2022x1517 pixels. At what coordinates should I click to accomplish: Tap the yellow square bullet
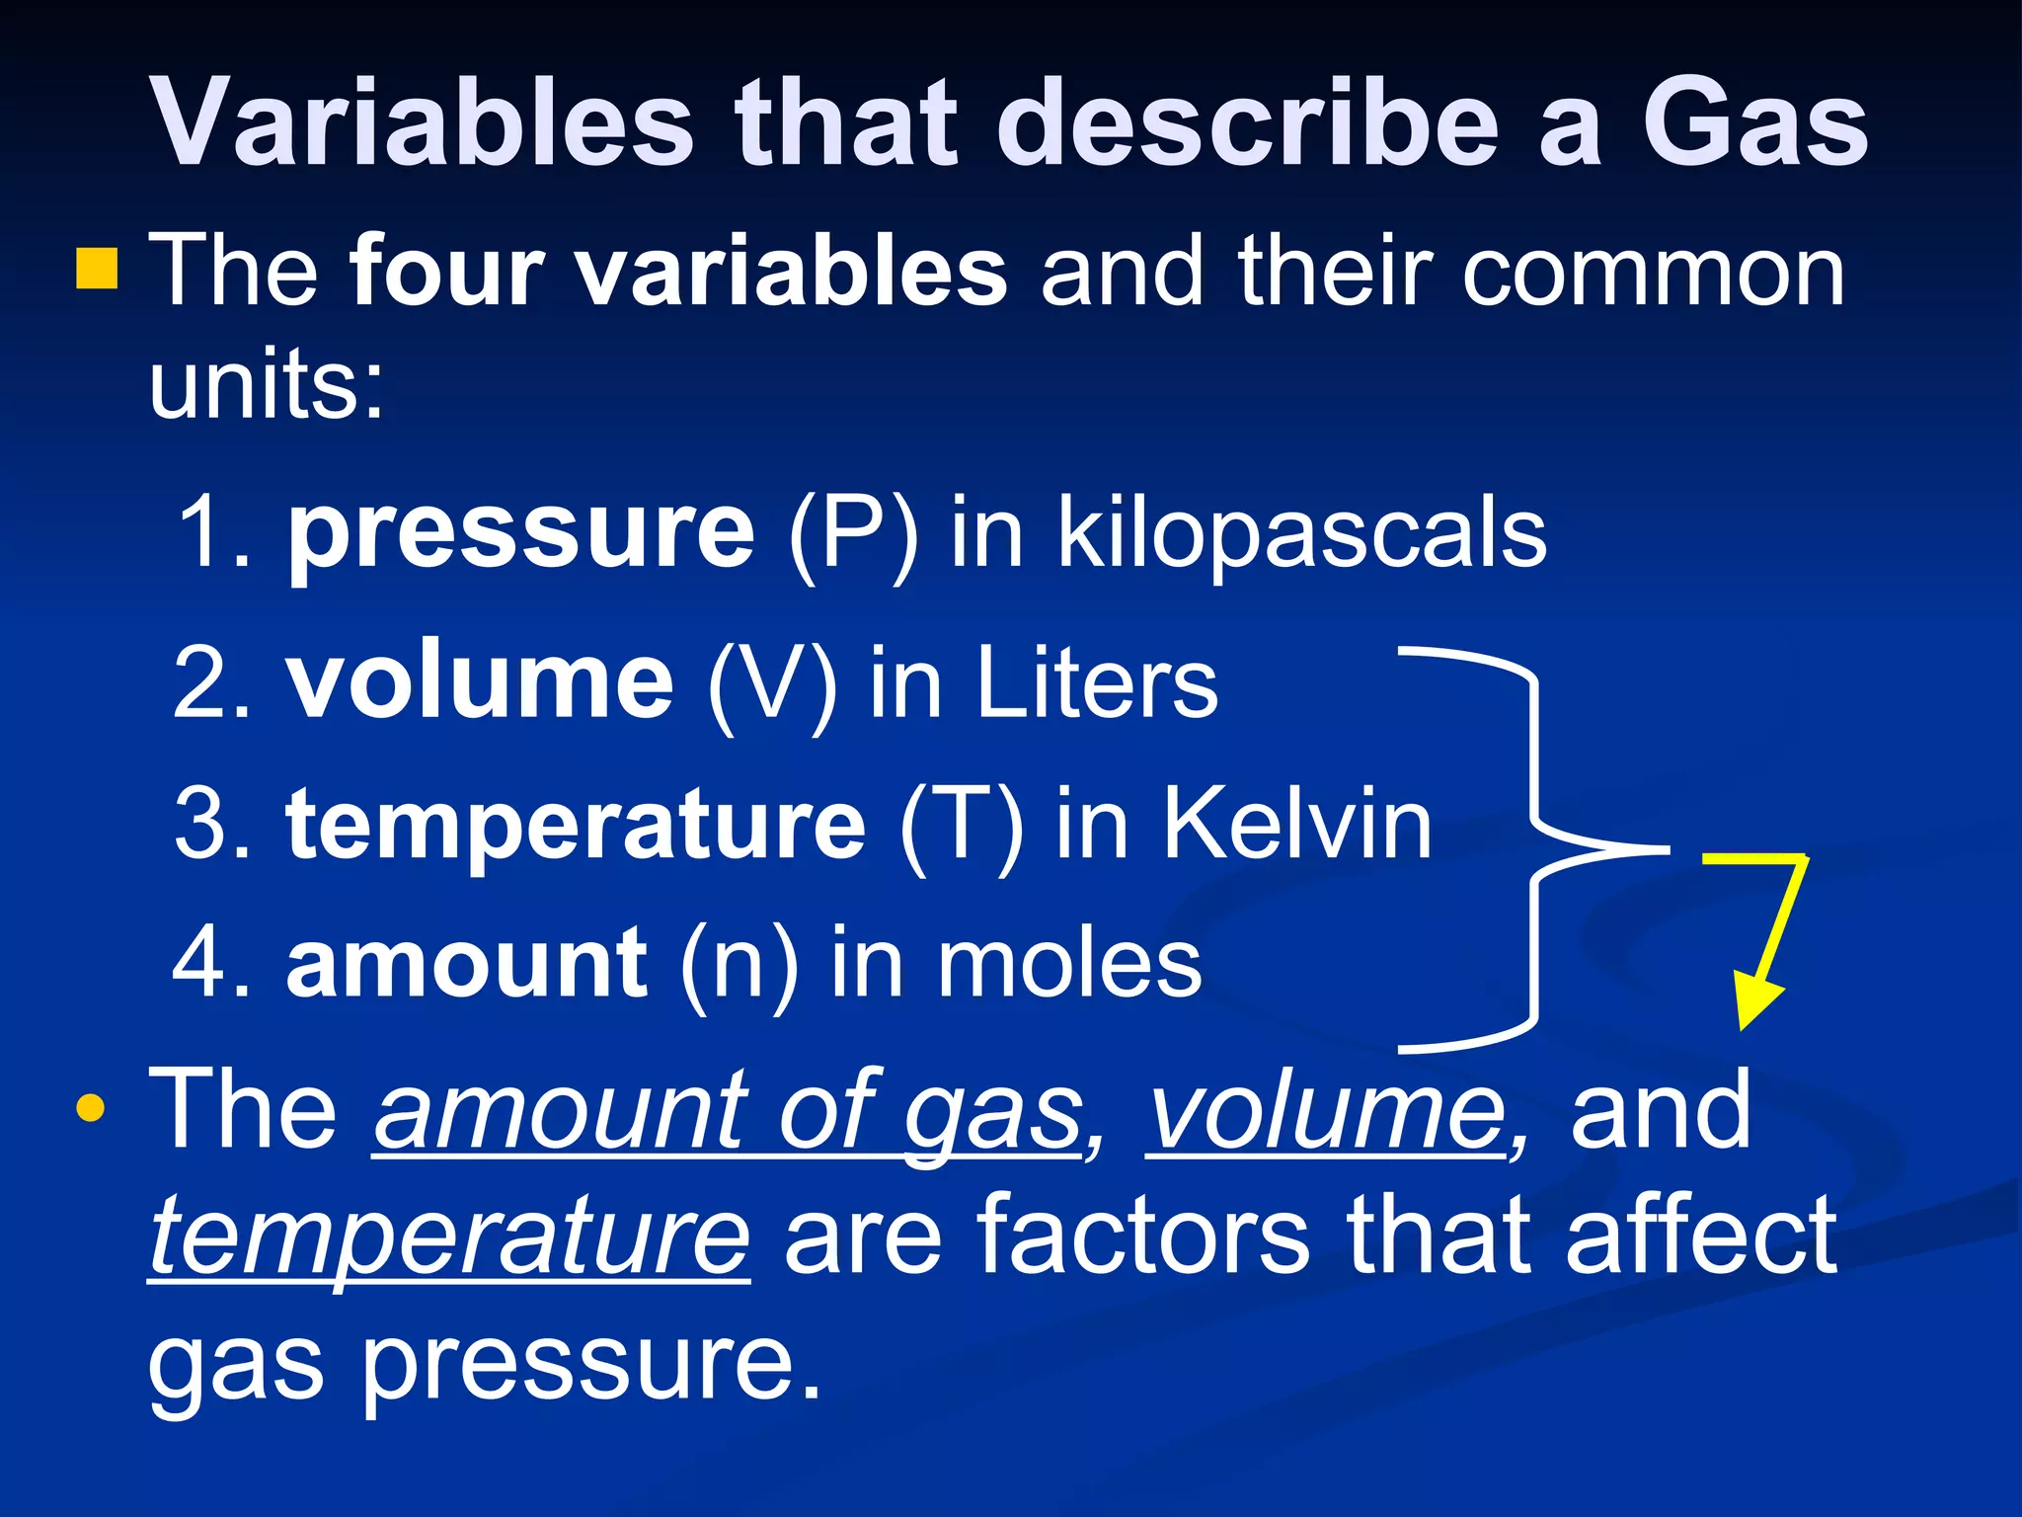(96, 269)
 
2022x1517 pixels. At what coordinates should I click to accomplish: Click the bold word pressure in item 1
(520, 533)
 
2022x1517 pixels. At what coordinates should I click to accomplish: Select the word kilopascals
(1301, 533)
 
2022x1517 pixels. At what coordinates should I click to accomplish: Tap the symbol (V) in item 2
(772, 683)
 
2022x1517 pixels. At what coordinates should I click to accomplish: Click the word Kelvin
(1295, 824)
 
